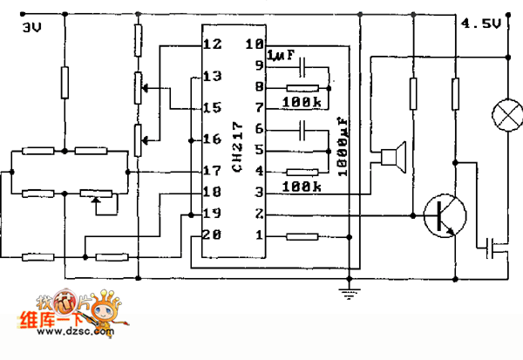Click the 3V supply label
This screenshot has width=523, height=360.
click(x=31, y=28)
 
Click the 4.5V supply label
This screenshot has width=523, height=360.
click(x=480, y=24)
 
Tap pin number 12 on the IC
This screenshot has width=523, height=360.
click(x=212, y=44)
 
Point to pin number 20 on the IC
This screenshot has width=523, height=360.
click(x=212, y=234)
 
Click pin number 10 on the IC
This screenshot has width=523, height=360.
click(x=254, y=44)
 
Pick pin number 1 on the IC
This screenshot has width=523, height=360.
click(x=257, y=234)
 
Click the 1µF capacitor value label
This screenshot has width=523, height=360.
click(x=282, y=56)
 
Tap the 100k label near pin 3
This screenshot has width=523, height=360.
click(x=298, y=186)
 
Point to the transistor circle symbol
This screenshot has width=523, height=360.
click(x=444, y=214)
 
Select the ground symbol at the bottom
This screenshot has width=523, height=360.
click(x=349, y=291)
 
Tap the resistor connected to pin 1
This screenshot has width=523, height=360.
click(x=301, y=235)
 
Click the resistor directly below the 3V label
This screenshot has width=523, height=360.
click(x=64, y=84)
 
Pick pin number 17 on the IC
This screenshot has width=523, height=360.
click(x=212, y=171)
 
